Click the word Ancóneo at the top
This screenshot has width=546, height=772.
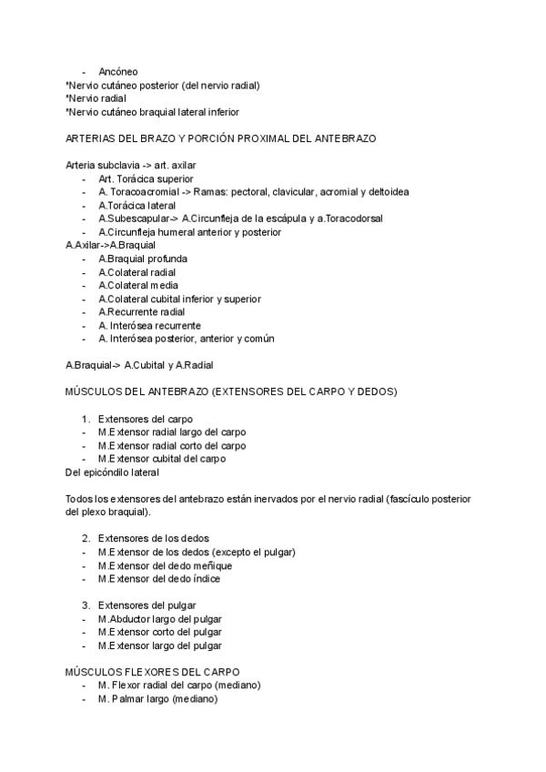click(x=118, y=72)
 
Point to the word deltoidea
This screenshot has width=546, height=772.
click(x=388, y=193)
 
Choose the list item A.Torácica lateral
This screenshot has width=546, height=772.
click(x=137, y=206)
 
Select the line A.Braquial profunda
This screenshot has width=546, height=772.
click(x=143, y=259)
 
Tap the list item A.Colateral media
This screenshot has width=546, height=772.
click(x=138, y=286)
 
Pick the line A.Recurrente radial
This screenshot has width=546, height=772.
click(x=141, y=312)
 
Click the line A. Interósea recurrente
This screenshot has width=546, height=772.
click(x=150, y=326)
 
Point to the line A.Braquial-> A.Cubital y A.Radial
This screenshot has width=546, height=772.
click(x=139, y=366)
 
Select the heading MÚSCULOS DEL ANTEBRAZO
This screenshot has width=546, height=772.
click(x=231, y=392)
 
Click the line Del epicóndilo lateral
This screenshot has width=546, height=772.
click(x=114, y=472)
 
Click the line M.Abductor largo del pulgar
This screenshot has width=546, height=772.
click(x=160, y=619)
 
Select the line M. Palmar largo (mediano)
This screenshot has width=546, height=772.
click(x=158, y=699)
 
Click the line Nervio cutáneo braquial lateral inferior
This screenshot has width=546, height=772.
click(x=153, y=112)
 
